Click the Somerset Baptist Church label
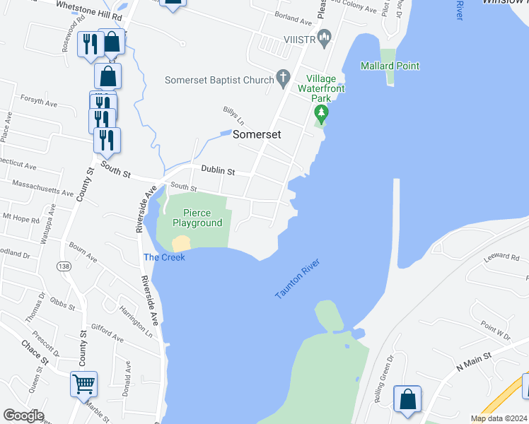[x=219, y=80]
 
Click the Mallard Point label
[x=390, y=66]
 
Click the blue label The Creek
[x=164, y=257]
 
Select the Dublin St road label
[x=217, y=170]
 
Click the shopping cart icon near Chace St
[x=83, y=384]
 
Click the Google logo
[x=23, y=416]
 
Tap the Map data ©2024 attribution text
[x=498, y=418]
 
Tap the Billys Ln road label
[x=233, y=115]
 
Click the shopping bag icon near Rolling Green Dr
[x=407, y=399]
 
